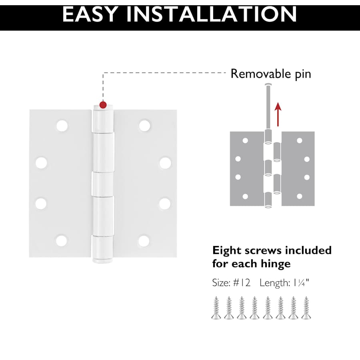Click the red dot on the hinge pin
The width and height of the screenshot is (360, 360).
(103, 105)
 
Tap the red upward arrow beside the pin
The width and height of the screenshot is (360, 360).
(278, 114)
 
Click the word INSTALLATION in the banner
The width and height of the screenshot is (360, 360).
(212, 14)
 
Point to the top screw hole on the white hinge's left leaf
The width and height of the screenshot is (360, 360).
(62, 126)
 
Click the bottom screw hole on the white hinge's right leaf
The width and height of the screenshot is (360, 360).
(144, 241)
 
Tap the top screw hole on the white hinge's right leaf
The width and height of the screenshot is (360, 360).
(145, 126)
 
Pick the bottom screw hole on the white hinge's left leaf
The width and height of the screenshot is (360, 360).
(62, 241)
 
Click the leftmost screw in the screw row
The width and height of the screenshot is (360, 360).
(216, 308)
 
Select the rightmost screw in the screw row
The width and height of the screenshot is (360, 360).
(306, 308)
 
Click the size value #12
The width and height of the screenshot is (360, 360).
(242, 283)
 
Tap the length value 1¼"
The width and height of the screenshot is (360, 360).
(301, 283)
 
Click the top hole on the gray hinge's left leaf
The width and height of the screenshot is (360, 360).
(245, 140)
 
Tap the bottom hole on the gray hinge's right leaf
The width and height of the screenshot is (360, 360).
(299, 196)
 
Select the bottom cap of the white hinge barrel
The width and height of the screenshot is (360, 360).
(103, 260)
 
